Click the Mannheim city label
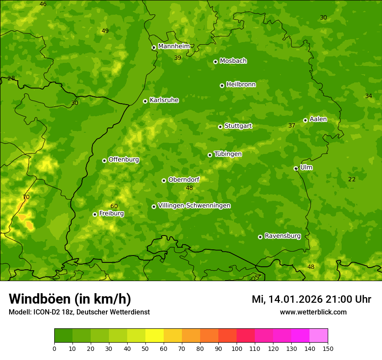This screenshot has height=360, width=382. (174, 46)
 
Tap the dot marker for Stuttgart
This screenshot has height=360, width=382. (220, 127)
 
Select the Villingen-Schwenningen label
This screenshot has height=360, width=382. (194, 206)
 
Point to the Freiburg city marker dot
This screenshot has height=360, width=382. (95, 214)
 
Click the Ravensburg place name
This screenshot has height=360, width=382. (283, 236)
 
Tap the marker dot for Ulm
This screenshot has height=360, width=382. (296, 168)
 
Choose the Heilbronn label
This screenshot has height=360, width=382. (241, 85)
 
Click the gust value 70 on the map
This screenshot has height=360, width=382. (26, 197)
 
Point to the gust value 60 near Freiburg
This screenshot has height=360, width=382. (114, 206)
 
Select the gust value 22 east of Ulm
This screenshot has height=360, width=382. (352, 180)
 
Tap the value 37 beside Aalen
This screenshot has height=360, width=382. (292, 126)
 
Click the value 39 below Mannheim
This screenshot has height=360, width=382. (178, 58)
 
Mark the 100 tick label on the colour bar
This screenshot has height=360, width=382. (237, 348)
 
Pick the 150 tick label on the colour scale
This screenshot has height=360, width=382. (328, 348)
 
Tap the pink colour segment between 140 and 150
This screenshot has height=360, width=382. (319, 336)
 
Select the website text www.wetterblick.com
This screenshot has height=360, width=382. (313, 312)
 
